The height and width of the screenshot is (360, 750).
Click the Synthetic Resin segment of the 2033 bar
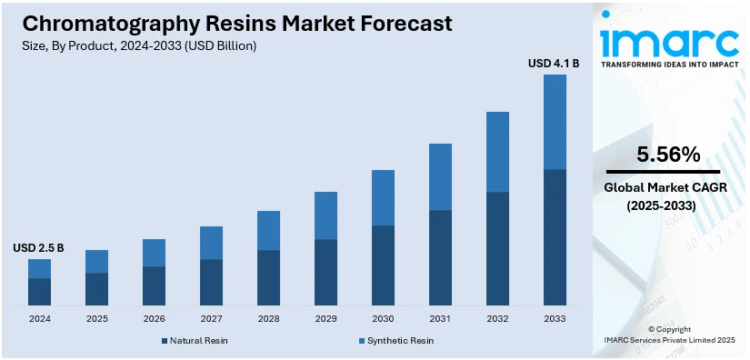(x=555, y=122)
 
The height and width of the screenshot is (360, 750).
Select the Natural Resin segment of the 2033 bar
(x=555, y=236)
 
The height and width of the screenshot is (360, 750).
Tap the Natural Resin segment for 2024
(x=39, y=291)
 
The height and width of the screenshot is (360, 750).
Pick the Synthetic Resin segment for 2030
(x=383, y=197)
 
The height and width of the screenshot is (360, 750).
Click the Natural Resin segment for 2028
(x=268, y=277)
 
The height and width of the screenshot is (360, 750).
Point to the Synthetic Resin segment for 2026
(x=154, y=253)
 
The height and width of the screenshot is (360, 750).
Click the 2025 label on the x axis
(x=96, y=319)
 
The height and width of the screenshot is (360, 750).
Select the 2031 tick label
(x=440, y=319)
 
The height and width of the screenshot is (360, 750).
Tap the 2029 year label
(x=325, y=319)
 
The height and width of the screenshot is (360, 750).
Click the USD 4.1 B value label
(x=554, y=64)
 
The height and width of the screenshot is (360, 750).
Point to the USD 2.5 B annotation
(x=38, y=247)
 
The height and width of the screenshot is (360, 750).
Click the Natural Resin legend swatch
(x=165, y=341)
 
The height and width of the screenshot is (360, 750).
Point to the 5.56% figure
(x=668, y=155)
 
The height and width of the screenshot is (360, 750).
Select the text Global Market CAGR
(x=668, y=188)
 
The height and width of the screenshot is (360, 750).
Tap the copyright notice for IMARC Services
(x=670, y=339)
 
